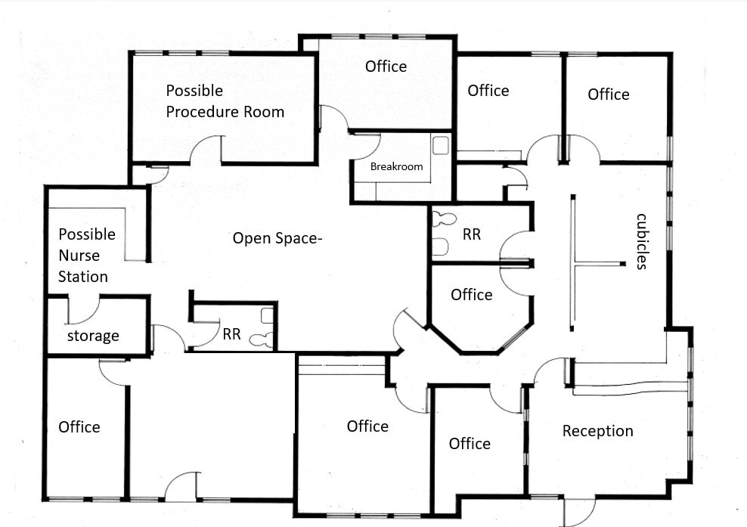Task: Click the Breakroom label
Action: pos(396,166)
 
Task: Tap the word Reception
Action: pos(597,431)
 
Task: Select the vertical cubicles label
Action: pos(641,241)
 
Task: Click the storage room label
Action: pos(93,336)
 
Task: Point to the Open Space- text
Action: pos(277,238)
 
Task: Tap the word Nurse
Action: pos(82,256)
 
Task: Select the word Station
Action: pos(82,277)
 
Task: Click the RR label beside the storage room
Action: pos(231,333)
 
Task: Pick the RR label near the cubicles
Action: pos(471,234)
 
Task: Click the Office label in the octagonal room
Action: pos(471,295)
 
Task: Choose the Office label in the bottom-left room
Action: pos(79,427)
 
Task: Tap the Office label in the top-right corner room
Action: pos(608,95)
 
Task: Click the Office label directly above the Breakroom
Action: pos(386,67)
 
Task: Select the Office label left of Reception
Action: pos(470,444)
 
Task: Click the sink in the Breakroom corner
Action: pos(441,144)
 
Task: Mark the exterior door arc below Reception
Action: pos(575,510)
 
